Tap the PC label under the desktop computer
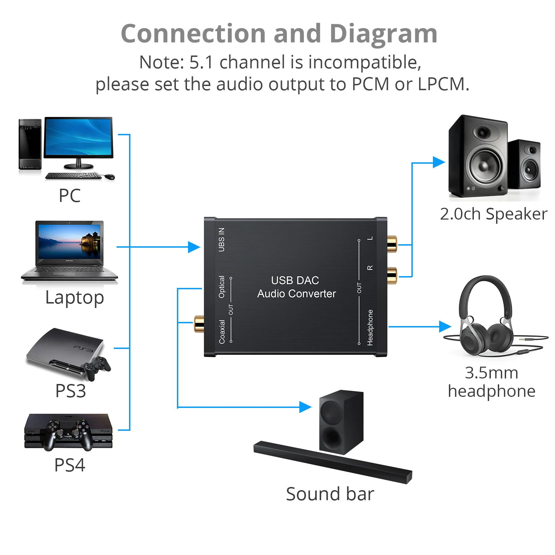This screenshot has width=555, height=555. [x=70, y=196]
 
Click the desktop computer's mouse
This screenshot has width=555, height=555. [x=110, y=177]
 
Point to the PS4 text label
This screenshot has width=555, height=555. [x=70, y=465]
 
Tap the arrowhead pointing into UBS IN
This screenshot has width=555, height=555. [x=194, y=247]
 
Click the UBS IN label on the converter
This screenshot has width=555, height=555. [x=221, y=240]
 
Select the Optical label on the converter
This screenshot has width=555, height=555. [x=221, y=287]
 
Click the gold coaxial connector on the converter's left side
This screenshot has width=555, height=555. [x=199, y=323]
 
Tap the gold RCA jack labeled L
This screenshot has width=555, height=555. [x=392, y=244]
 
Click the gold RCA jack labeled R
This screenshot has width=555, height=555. [x=392, y=275]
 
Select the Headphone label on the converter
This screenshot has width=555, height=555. [x=370, y=327]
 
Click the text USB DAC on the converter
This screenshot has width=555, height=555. [x=295, y=280]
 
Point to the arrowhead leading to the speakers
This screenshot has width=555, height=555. [x=438, y=162]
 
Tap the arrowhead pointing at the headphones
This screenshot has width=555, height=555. [x=445, y=326]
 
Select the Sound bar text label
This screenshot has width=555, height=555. [x=330, y=494]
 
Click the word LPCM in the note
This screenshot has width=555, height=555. [x=443, y=84]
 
